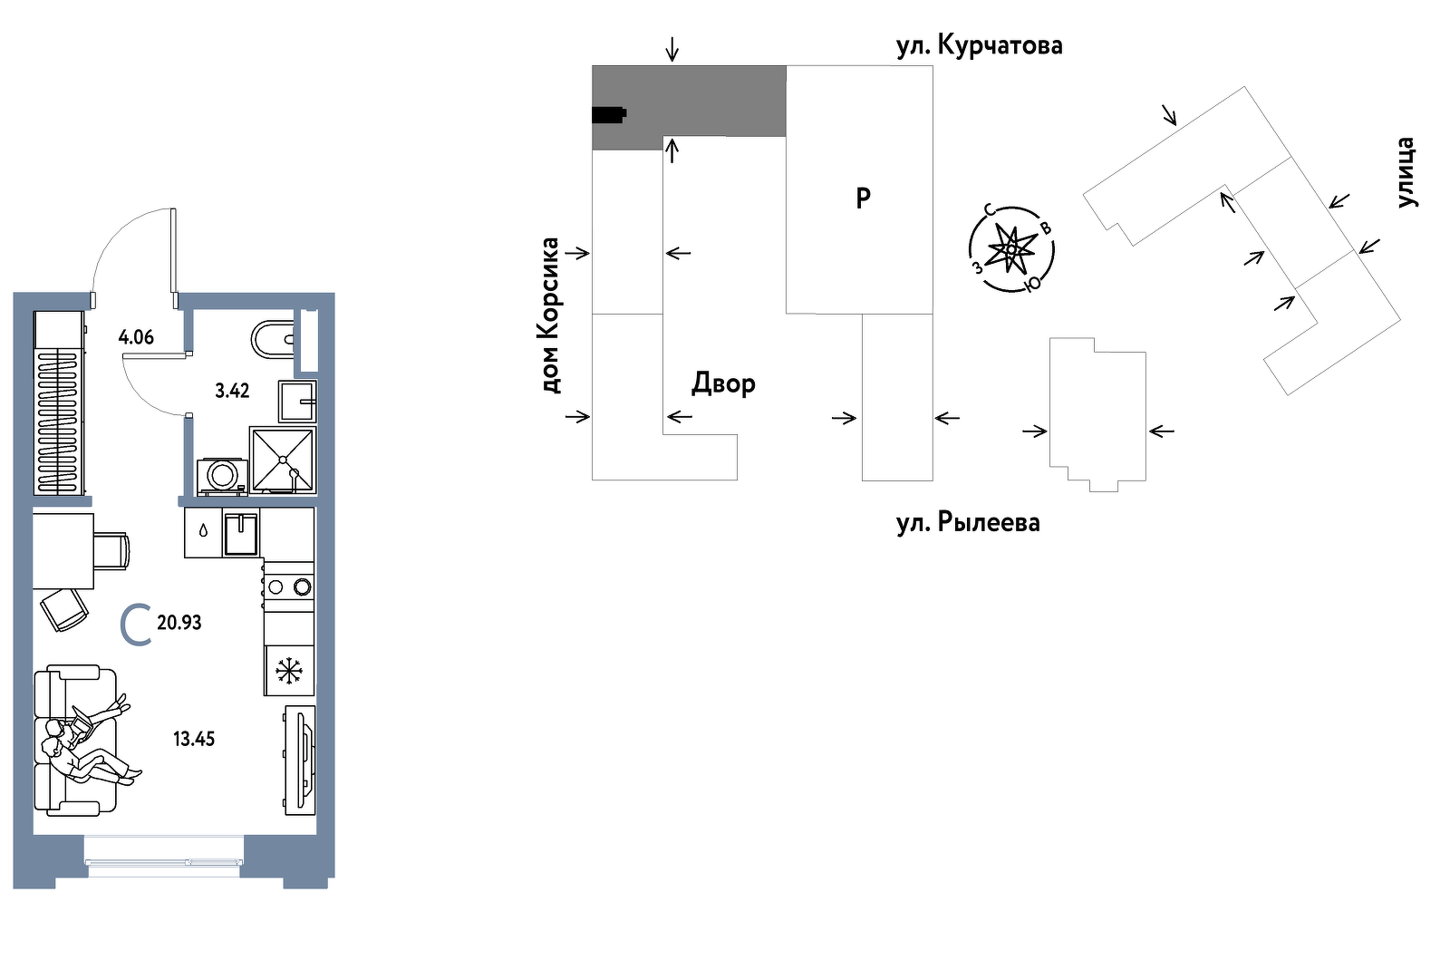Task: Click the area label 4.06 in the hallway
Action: pyautogui.click(x=136, y=337)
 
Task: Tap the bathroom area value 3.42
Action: pyautogui.click(x=232, y=391)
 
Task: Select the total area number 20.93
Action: pyautogui.click(x=179, y=623)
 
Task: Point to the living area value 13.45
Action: pyautogui.click(x=194, y=739)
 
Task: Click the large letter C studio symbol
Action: pyautogui.click(x=136, y=625)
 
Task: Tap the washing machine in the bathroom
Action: pyautogui.click(x=222, y=476)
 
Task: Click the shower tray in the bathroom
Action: pyautogui.click(x=283, y=460)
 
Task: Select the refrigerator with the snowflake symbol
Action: pyautogui.click(x=289, y=671)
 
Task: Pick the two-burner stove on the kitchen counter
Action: pyautogui.click(x=289, y=586)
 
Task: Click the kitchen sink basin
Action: pyautogui.click(x=241, y=534)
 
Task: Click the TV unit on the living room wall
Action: pyautogui.click(x=300, y=760)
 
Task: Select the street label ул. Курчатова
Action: pyautogui.click(x=979, y=45)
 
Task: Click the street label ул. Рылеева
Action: pyautogui.click(x=968, y=523)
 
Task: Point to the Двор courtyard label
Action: pyautogui.click(x=723, y=384)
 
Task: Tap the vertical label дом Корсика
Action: pyautogui.click(x=550, y=315)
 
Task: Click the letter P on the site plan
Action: pyautogui.click(x=863, y=198)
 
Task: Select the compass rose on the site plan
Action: pyautogui.click(x=1011, y=247)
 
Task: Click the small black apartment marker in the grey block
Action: pyautogui.click(x=608, y=114)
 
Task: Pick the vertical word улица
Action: pyautogui.click(x=1405, y=172)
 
